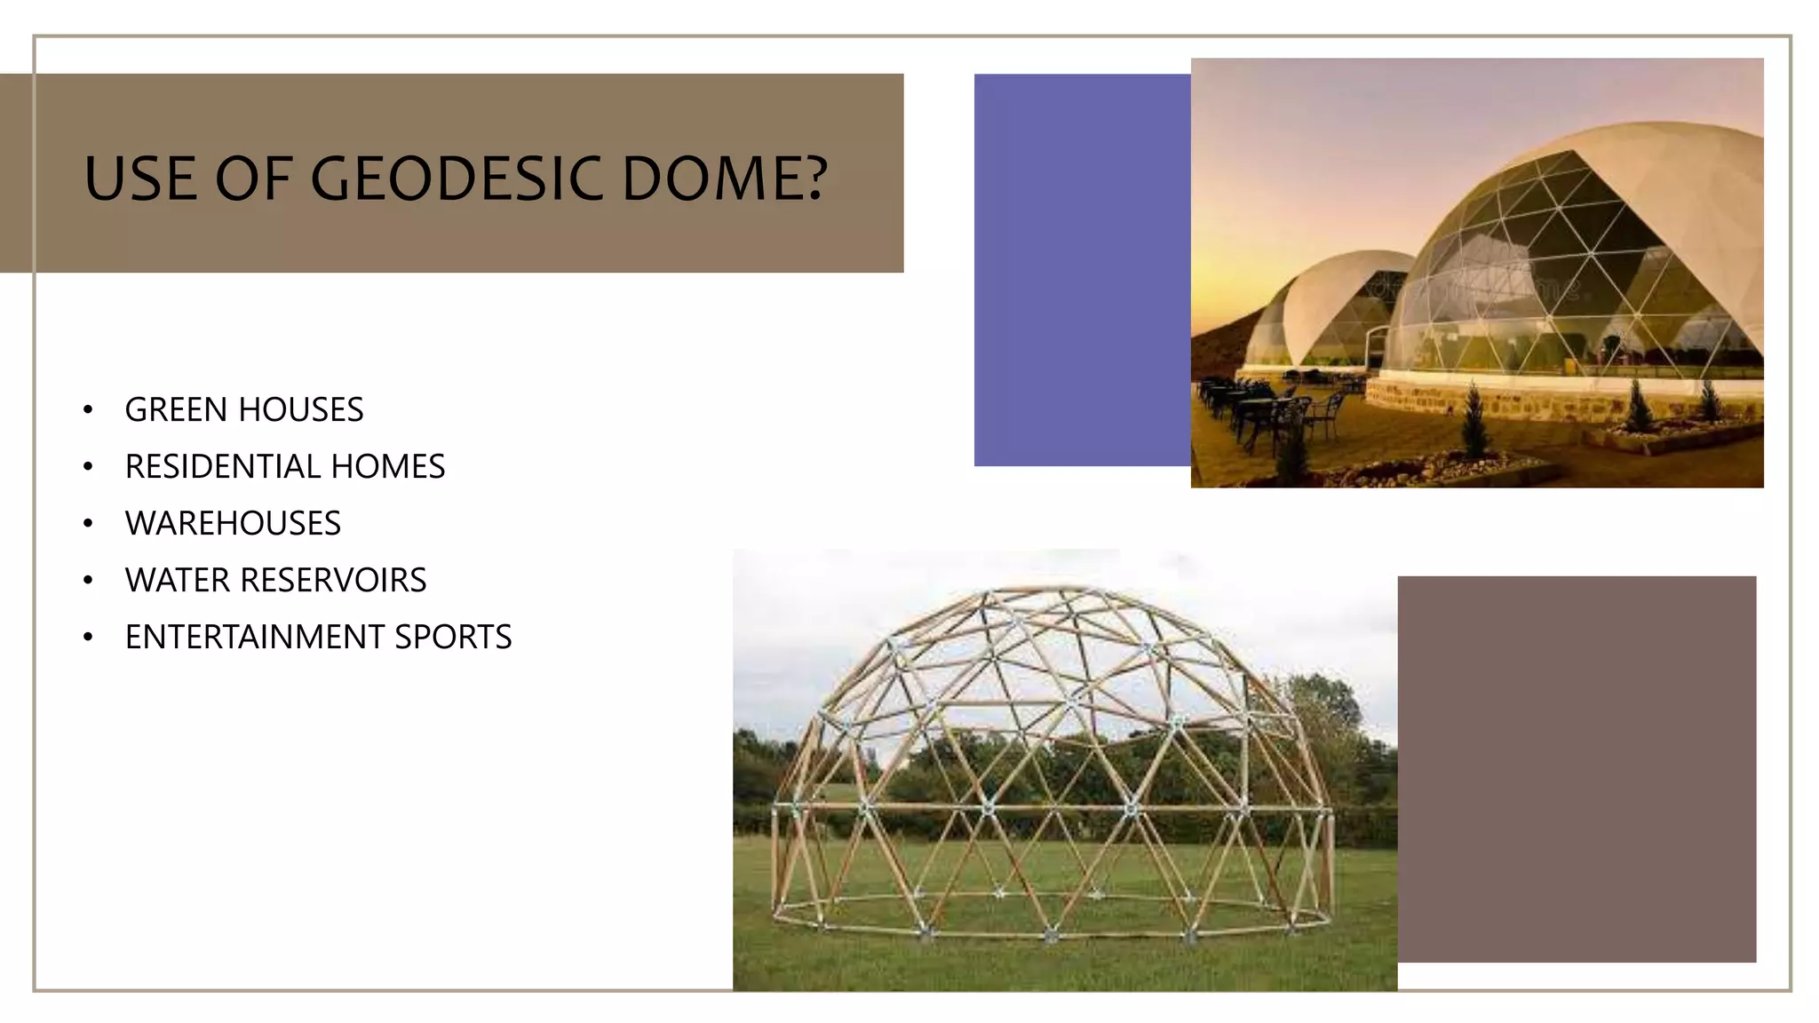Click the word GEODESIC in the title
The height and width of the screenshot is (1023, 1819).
pyautogui.click(x=458, y=178)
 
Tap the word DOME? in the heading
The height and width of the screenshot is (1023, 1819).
pyautogui.click(x=725, y=178)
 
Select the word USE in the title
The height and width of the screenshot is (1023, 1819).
pyautogui.click(x=140, y=178)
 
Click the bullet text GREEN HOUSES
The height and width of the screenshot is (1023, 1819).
pyautogui.click(x=244, y=410)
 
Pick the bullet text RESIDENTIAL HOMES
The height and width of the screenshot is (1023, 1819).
pyautogui.click(x=285, y=467)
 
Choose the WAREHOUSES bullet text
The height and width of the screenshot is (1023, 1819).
pyautogui.click(x=233, y=524)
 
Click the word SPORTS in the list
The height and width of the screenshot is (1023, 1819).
pyautogui.click(x=453, y=638)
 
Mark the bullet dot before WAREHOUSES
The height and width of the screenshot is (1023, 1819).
pyautogui.click(x=88, y=524)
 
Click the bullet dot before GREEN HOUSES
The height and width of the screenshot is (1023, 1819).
pyautogui.click(x=88, y=410)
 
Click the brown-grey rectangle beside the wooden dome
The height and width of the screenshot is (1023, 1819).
pyautogui.click(x=1577, y=769)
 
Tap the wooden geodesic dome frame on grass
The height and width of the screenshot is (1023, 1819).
pyautogui.click(x=1052, y=764)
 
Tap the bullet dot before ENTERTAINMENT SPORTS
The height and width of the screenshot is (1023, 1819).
pyautogui.click(x=88, y=638)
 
